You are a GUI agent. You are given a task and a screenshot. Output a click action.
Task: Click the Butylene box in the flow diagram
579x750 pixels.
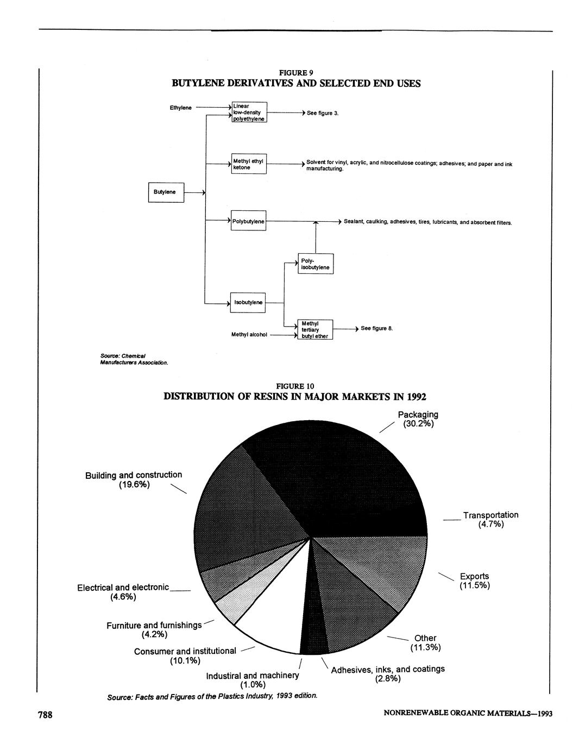click(x=166, y=192)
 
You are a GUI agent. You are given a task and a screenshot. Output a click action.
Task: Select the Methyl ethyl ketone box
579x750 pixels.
click(x=249, y=164)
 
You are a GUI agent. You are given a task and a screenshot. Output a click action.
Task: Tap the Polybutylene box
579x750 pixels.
click(x=249, y=221)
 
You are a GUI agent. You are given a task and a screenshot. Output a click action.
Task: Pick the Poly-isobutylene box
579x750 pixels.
click(x=316, y=264)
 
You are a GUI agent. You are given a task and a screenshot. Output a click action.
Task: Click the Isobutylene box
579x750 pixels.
click(x=248, y=302)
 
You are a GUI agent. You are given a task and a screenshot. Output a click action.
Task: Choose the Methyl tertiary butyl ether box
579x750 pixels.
click(x=315, y=330)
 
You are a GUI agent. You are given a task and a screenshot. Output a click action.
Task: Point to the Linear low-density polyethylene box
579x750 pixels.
click(x=249, y=112)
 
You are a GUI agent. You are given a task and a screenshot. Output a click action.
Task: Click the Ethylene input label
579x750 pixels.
click(x=180, y=108)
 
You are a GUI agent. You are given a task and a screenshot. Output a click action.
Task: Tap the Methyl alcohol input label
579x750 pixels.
click(x=249, y=335)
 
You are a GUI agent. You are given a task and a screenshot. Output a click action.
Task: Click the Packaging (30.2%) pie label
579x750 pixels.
click(x=418, y=419)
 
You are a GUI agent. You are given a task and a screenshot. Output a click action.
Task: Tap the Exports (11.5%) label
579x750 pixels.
click(x=474, y=580)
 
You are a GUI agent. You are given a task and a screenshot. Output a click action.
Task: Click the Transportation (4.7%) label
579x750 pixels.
click(x=490, y=519)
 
